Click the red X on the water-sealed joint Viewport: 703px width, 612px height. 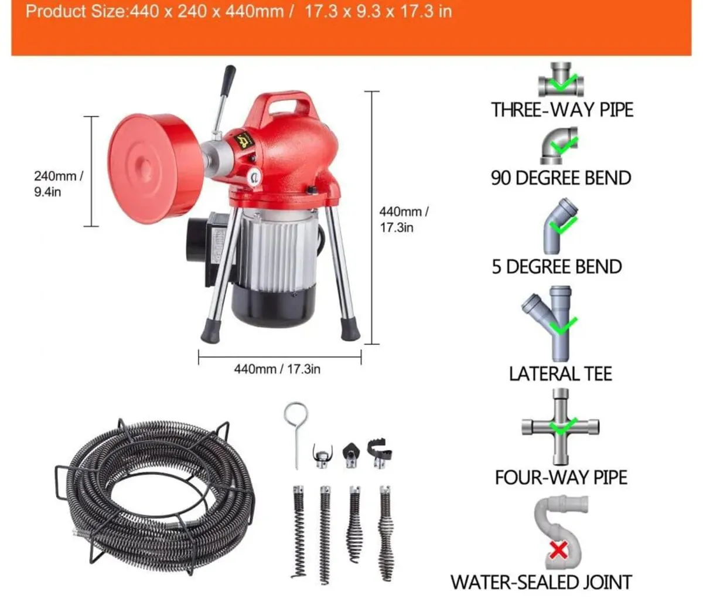pos(559,550)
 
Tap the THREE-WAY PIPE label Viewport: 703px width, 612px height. pos(562,110)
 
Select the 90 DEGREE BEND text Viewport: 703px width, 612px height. pos(561,178)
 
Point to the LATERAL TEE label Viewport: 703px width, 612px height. pos(560,373)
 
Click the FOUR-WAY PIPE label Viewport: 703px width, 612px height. pos(561,477)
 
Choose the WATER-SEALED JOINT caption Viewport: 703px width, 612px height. pos(541,582)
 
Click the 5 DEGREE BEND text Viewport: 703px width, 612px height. pos(557,267)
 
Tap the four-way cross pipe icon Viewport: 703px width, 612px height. pos(560,426)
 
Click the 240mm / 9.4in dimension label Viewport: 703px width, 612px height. pos(58,183)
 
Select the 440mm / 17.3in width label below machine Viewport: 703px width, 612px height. pos(277,369)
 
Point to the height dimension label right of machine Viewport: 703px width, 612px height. pos(404,219)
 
